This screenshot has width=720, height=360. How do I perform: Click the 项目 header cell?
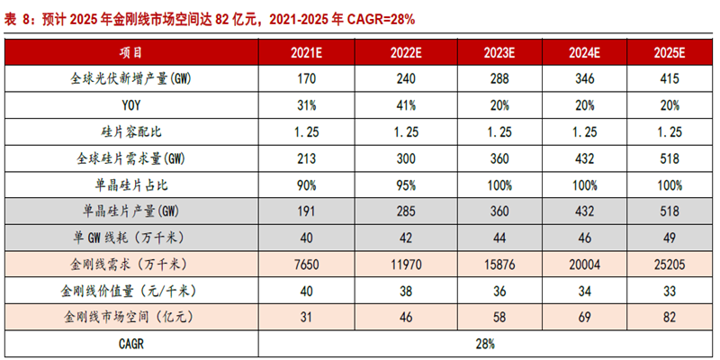(131, 52)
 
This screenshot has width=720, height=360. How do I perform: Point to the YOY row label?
(131, 104)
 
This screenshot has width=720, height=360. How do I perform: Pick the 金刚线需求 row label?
(131, 265)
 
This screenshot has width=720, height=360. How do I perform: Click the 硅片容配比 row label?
(131, 131)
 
